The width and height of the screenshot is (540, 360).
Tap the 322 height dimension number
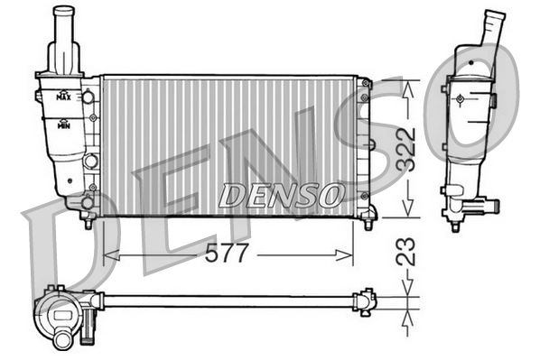pyautogui.click(x=407, y=149)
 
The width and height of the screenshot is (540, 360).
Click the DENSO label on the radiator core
pyautogui.click(x=281, y=193)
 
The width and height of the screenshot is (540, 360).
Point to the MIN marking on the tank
pyautogui.click(x=63, y=125)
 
